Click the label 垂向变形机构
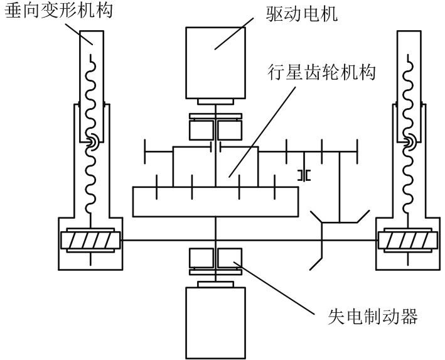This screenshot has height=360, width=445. [59, 11]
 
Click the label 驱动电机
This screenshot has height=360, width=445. [302, 14]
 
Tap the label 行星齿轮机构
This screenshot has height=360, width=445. [321, 73]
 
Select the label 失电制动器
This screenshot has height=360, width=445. [373, 316]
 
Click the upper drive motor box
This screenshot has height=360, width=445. [216, 63]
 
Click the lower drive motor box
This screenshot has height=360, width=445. [216, 323]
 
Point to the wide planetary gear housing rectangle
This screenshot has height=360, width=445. [216, 202]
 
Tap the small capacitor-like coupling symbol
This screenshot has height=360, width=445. [304, 175]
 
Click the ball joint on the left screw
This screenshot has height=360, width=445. [92, 143]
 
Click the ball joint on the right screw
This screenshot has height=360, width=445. [409, 143]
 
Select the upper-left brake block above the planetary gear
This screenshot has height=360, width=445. [201, 130]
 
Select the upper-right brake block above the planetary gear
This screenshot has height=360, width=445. [230, 130]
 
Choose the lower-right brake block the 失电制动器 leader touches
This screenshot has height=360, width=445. [230, 258]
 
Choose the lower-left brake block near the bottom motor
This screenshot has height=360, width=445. [201, 258]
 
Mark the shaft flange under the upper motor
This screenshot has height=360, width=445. [216, 102]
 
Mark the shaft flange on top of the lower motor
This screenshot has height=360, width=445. [216, 285]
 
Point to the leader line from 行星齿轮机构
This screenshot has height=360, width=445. [262, 132]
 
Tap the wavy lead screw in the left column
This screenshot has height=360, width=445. [91, 134]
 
